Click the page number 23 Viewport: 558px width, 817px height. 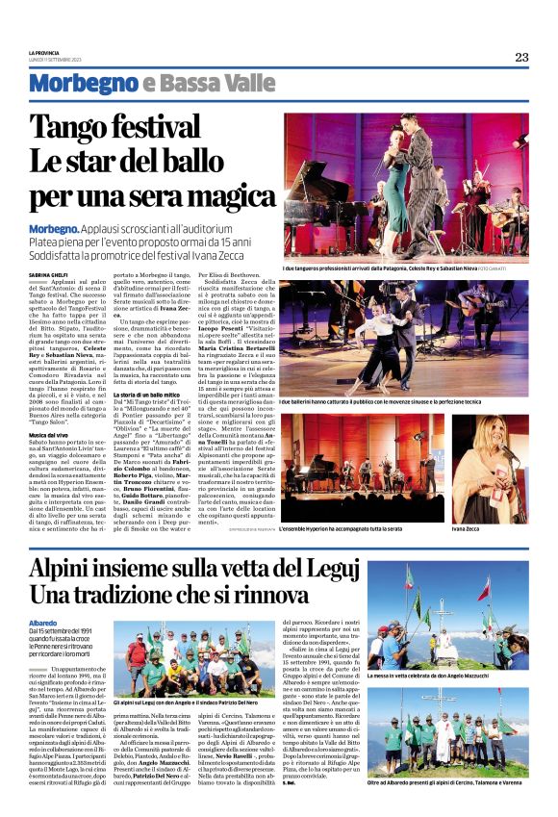pyautogui.click(x=521, y=57)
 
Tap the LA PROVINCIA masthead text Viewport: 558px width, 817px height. pyautogui.click(x=45, y=53)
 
